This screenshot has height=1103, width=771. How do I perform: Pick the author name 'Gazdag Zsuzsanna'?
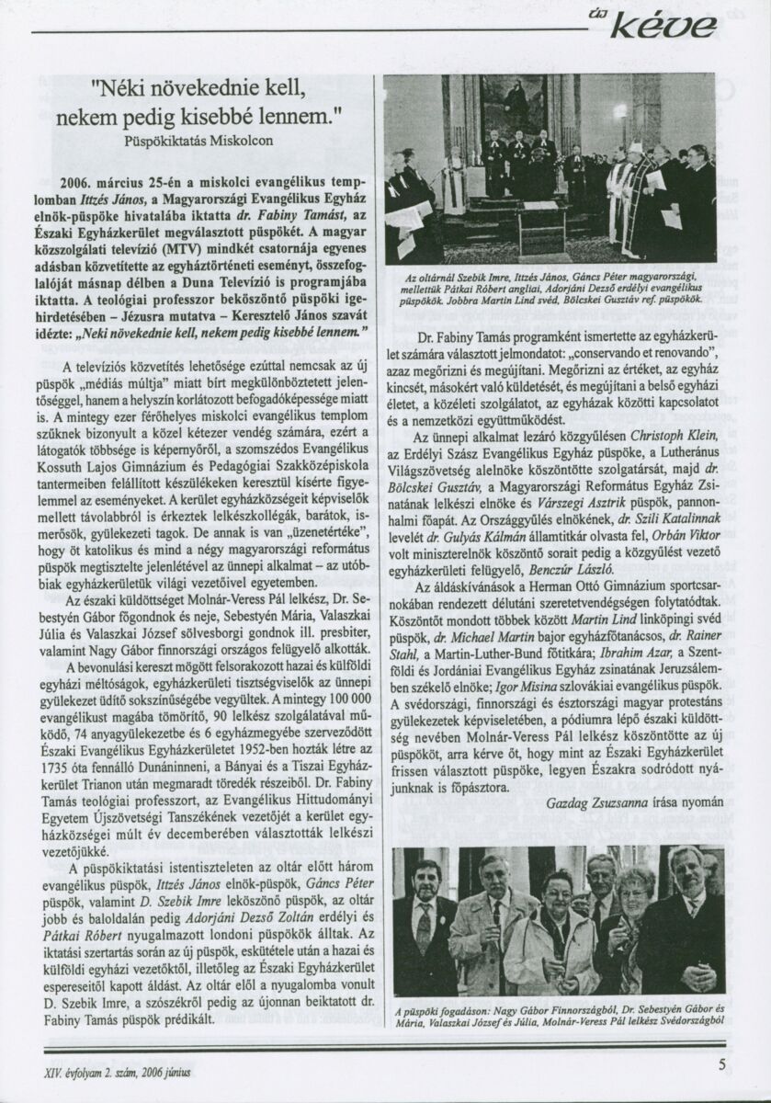(x=607, y=802)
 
